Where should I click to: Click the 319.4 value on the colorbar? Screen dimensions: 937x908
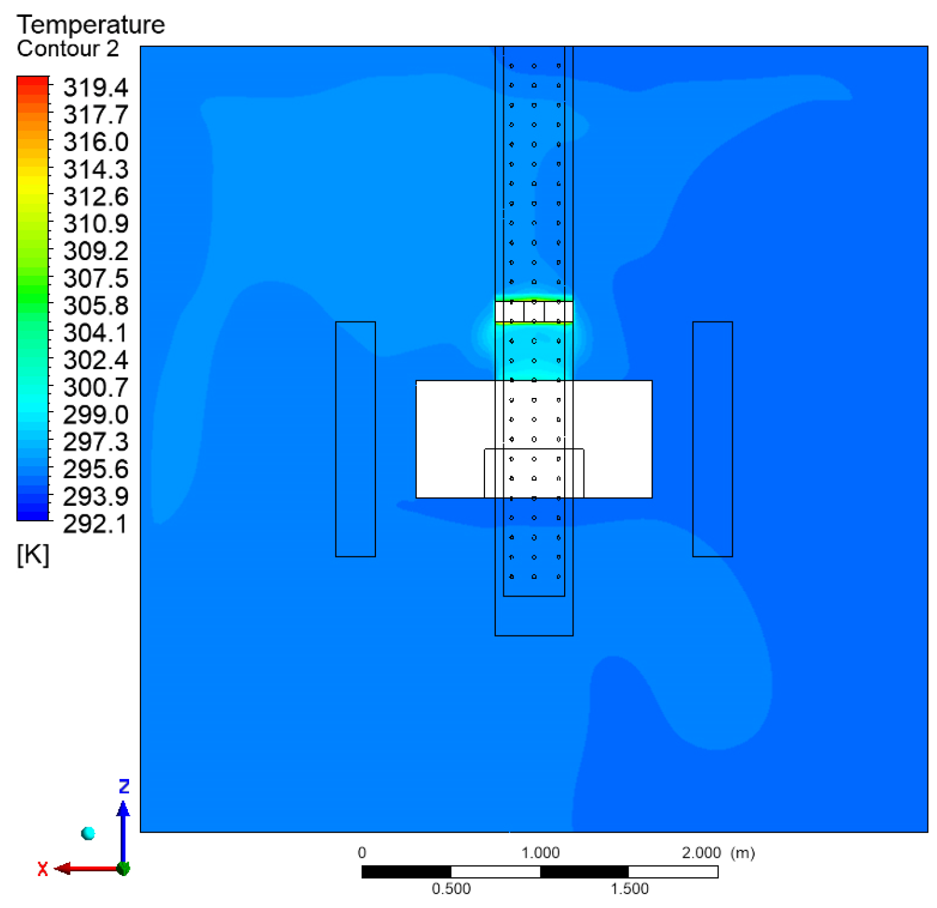[x=95, y=88]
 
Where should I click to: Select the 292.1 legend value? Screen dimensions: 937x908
[x=95, y=524]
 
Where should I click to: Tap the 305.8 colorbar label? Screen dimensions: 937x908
[x=95, y=306]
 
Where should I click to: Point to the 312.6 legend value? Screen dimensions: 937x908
[x=95, y=197]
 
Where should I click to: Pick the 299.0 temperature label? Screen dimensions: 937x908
[x=95, y=415]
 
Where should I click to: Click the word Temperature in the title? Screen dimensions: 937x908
[x=91, y=24]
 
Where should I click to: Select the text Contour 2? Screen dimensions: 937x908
[x=68, y=49]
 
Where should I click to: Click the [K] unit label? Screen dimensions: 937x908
[x=33, y=555]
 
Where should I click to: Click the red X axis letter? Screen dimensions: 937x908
[x=43, y=869]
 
